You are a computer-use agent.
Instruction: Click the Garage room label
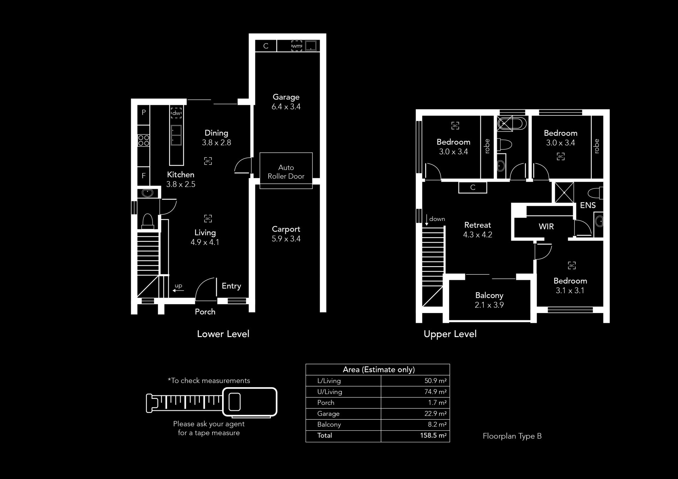coord(286,97)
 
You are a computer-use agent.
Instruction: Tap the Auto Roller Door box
coord(286,170)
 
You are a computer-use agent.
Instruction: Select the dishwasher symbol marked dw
coord(176,113)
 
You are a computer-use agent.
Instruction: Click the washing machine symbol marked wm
coord(297,46)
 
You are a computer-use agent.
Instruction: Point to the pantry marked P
coord(144,113)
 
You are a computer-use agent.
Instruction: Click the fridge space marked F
coord(144,176)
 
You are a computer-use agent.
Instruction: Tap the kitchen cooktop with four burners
coord(144,140)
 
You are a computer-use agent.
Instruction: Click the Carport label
coord(286,229)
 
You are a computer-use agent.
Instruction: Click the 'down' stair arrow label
coord(437,219)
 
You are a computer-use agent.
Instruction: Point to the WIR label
coord(546,227)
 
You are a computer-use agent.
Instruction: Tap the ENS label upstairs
coord(588,205)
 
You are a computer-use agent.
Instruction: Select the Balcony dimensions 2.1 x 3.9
coord(489,305)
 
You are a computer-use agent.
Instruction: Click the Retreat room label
coord(477,225)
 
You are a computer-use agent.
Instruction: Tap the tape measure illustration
coord(212,402)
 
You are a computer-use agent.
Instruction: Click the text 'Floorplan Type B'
coord(512,436)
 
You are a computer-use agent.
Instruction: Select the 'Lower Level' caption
coord(223,334)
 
